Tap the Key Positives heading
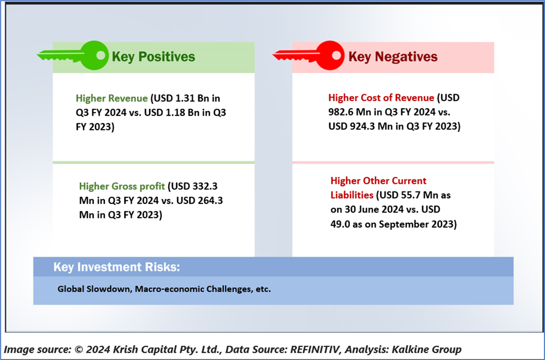(x=153, y=57)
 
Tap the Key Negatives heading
(x=393, y=57)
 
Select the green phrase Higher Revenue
(x=112, y=98)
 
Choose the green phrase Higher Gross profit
(x=122, y=187)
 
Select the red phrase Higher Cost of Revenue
(x=381, y=98)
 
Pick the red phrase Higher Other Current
(x=378, y=180)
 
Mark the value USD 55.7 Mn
(x=409, y=196)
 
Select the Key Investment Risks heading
(x=117, y=267)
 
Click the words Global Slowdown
(x=94, y=289)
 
